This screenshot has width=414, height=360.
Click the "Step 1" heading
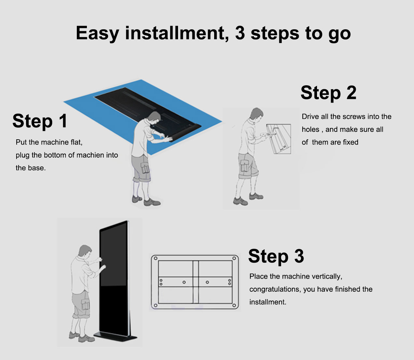(x=40, y=121)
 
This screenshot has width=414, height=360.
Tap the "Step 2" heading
(x=328, y=93)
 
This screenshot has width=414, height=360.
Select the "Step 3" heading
(x=276, y=256)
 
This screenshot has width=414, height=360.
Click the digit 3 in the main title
(x=240, y=33)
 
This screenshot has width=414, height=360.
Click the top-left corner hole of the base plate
(x=156, y=259)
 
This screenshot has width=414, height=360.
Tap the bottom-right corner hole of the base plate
(x=234, y=305)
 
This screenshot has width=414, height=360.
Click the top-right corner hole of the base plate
(x=234, y=259)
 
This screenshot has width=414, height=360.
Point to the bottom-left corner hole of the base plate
(x=156, y=305)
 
